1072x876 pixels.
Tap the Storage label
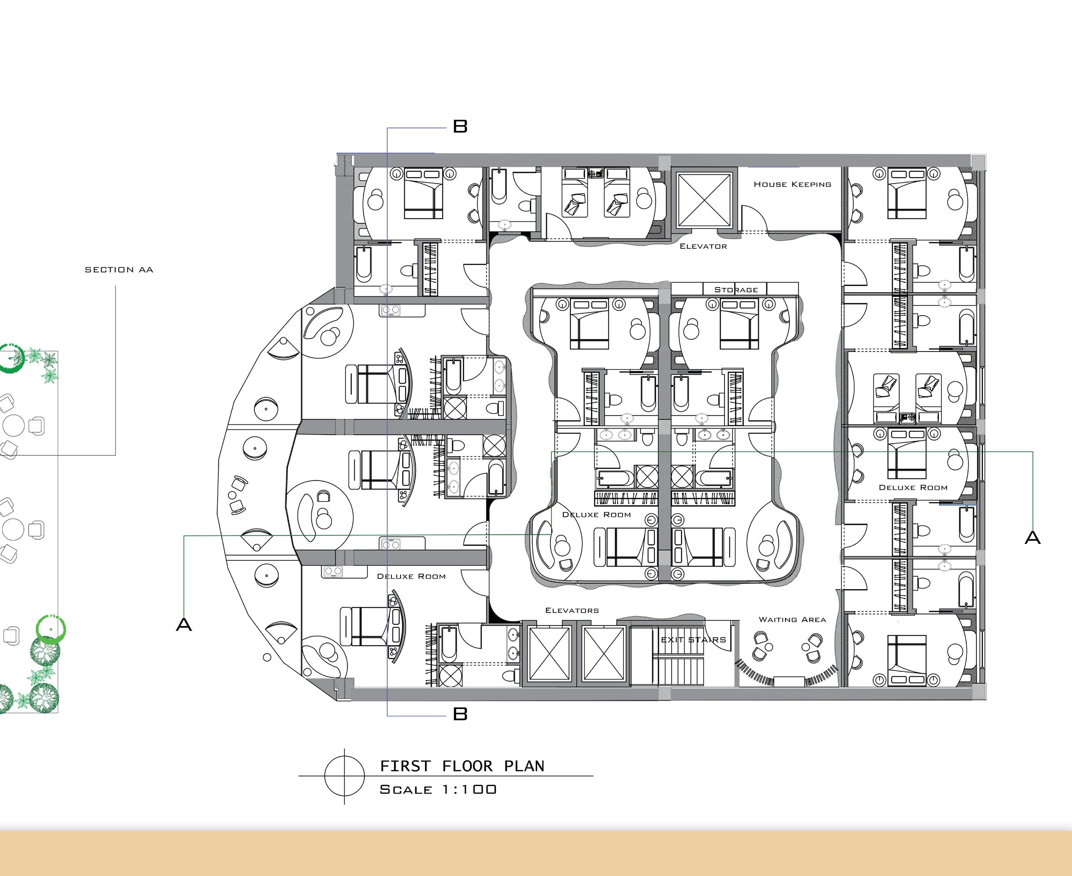point(736,290)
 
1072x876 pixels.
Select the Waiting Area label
point(792,620)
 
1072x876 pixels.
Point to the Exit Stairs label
point(694,640)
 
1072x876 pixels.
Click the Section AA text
point(119,270)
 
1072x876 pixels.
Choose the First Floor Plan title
point(462,766)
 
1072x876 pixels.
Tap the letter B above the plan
point(460,126)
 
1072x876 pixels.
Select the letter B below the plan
point(460,714)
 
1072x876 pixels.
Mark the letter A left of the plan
point(184,625)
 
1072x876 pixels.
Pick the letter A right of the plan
point(1032,537)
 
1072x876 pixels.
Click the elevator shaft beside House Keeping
point(704,200)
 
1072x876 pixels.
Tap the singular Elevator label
point(703,246)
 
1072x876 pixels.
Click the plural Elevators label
point(572,611)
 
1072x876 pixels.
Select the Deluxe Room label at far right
point(913,487)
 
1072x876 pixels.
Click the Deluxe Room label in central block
point(596,515)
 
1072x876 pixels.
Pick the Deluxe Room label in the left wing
point(411,576)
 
